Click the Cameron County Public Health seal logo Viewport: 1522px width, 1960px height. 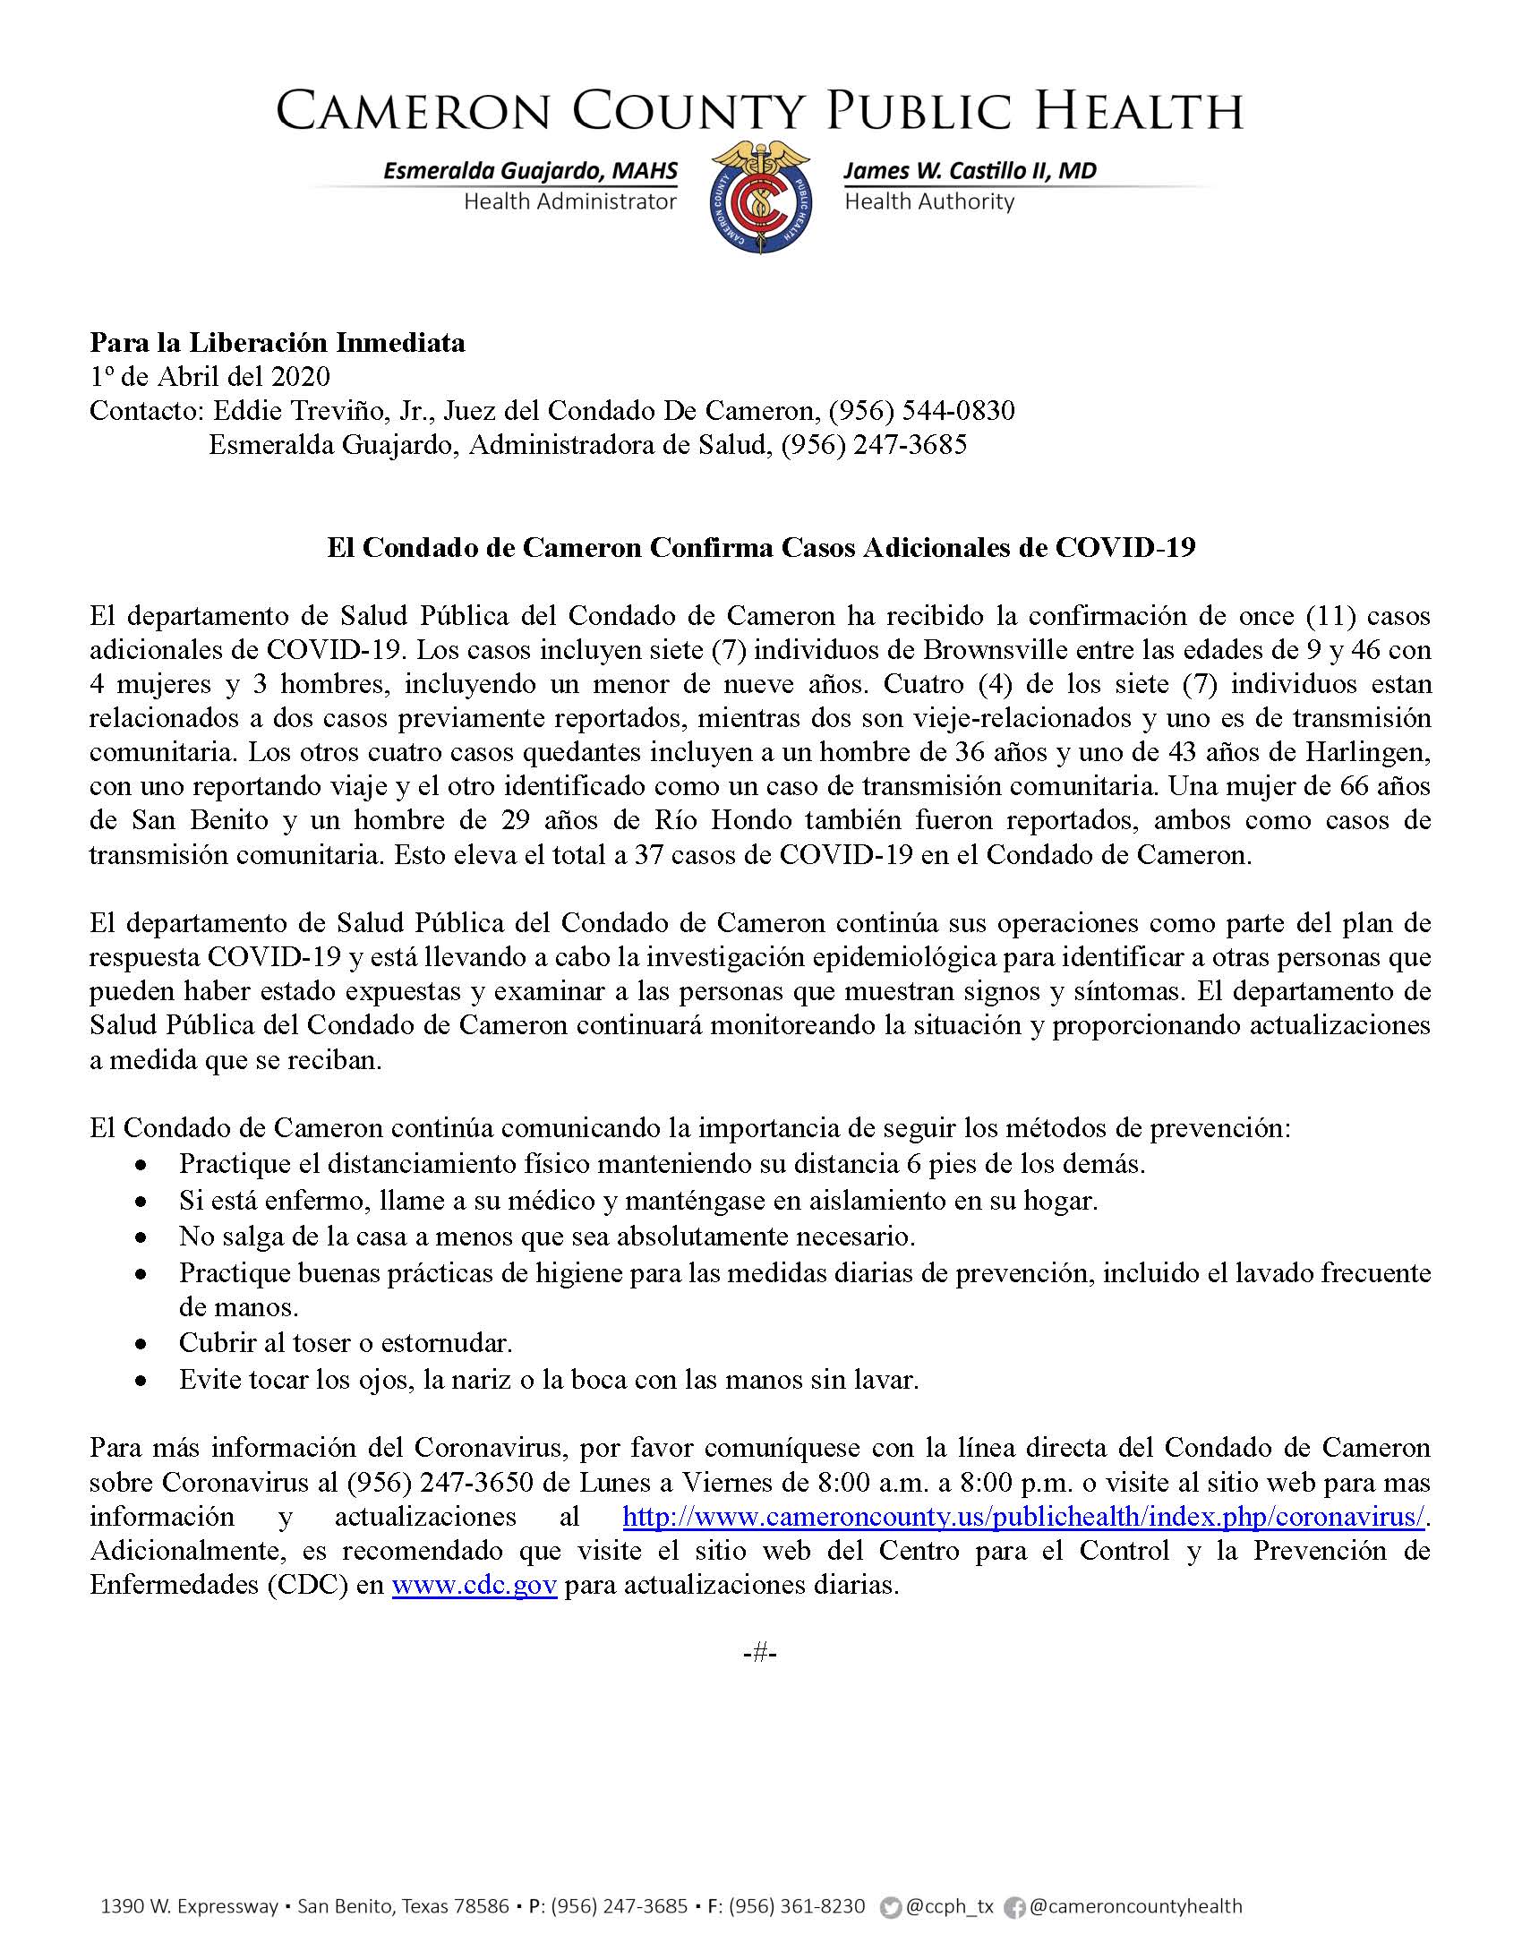coord(761,198)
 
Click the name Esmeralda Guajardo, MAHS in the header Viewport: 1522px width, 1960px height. coord(530,171)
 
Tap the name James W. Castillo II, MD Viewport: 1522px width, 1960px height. coord(970,171)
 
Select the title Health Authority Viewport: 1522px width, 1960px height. coord(928,202)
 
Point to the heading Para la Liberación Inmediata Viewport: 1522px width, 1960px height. coord(278,343)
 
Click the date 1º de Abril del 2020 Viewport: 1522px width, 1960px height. coord(210,377)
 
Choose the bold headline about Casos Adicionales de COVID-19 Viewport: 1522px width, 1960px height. coord(761,547)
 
